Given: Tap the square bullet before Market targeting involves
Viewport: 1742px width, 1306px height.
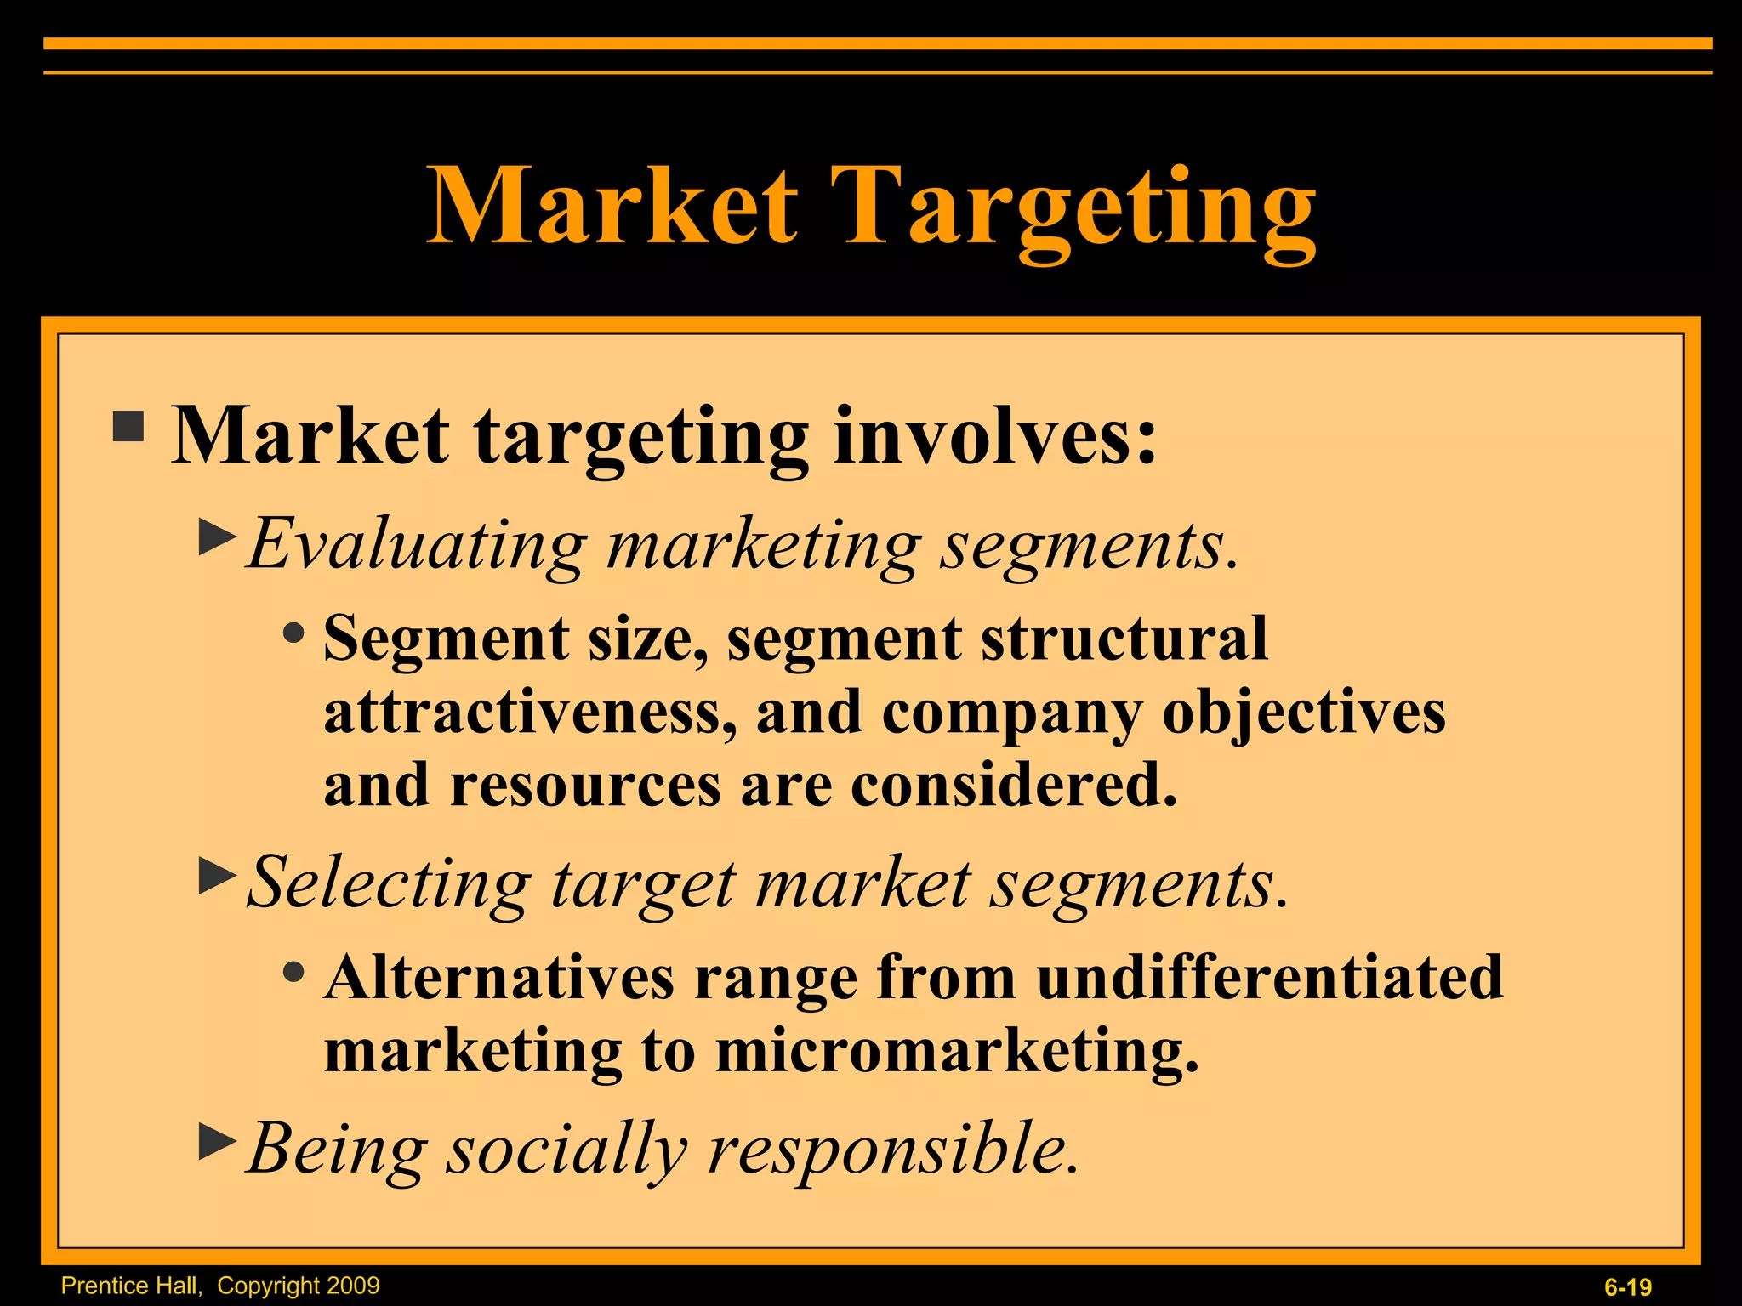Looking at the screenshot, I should coord(128,426).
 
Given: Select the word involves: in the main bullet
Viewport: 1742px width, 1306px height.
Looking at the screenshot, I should coord(995,435).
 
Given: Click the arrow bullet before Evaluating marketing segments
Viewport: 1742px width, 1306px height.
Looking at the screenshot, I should coord(217,537).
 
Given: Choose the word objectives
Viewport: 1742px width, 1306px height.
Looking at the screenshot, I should coord(1303,713).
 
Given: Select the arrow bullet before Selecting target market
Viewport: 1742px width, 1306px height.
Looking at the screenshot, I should coord(217,876).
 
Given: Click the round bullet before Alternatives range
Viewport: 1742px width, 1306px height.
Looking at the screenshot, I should coord(294,971).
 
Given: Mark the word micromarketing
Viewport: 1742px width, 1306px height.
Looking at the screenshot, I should coord(956,1051).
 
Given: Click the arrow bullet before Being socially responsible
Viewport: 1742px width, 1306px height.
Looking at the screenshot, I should coord(217,1141).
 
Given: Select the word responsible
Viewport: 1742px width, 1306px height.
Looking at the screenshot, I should coord(893,1150).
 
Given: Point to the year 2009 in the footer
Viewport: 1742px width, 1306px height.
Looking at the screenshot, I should coord(351,1285).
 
